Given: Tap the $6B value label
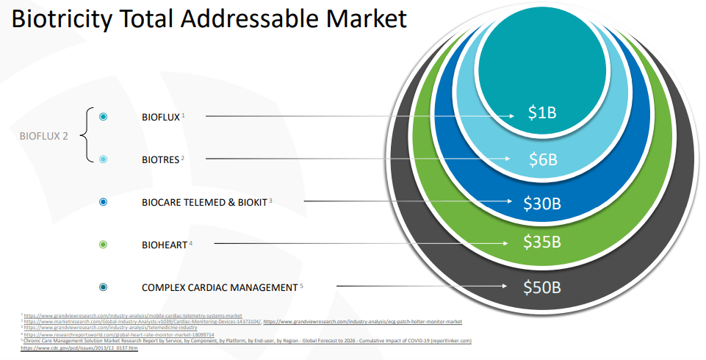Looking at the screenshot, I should [543, 159].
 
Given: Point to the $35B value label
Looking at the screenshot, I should [542, 242].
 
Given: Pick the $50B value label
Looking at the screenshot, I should [542, 287].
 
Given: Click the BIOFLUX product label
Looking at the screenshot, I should [160, 117].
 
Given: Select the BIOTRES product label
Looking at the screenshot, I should [160, 159].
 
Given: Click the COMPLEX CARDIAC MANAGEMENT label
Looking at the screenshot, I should [219, 287].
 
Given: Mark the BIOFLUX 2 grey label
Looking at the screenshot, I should [43, 136].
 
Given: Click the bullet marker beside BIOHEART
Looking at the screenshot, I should [103, 244].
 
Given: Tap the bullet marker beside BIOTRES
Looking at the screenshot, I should [103, 159].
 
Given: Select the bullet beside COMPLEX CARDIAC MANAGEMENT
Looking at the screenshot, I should [103, 287].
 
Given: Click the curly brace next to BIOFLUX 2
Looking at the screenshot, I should [83, 137].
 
